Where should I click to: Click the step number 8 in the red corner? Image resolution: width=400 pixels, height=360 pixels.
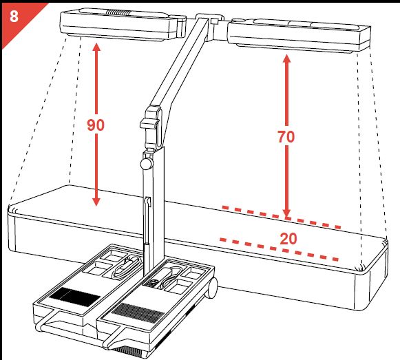click(14, 16)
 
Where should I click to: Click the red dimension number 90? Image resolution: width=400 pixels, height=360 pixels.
click(96, 125)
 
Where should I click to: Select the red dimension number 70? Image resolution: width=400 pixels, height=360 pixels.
click(286, 137)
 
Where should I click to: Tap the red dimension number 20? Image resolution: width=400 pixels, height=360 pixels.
click(288, 239)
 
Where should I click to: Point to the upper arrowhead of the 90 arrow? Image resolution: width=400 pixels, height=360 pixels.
click(96, 47)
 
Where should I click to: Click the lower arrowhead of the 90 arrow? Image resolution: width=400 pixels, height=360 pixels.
click(96, 202)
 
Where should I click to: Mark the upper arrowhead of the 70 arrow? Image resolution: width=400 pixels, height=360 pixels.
click(286, 59)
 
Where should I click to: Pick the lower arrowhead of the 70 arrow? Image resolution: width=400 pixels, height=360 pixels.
click(286, 213)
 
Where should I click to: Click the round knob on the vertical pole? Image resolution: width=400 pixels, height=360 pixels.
click(146, 164)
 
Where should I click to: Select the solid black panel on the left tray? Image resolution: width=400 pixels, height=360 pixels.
click(74, 297)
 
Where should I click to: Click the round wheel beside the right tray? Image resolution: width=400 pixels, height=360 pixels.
click(212, 288)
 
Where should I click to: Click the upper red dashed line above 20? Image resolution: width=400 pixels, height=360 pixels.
click(282, 217)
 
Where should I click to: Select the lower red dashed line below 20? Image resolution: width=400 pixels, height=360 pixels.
click(280, 250)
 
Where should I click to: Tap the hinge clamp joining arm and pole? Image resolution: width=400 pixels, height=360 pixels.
click(151, 127)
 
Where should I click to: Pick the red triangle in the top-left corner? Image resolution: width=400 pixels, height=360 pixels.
click(18, 19)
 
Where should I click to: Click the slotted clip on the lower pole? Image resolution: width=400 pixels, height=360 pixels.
click(148, 202)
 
